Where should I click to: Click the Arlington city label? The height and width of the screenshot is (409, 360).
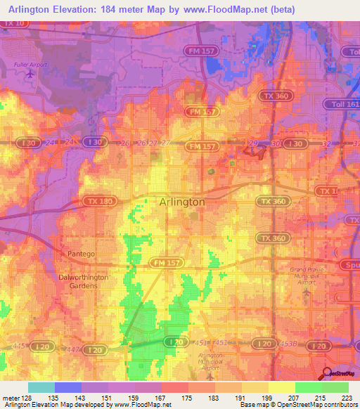coord(182,202)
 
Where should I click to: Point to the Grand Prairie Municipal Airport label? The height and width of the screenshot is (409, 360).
coord(307,275)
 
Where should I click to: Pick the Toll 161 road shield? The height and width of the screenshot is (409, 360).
coord(341,103)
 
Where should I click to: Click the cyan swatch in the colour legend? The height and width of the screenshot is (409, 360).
coord(41,387)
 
